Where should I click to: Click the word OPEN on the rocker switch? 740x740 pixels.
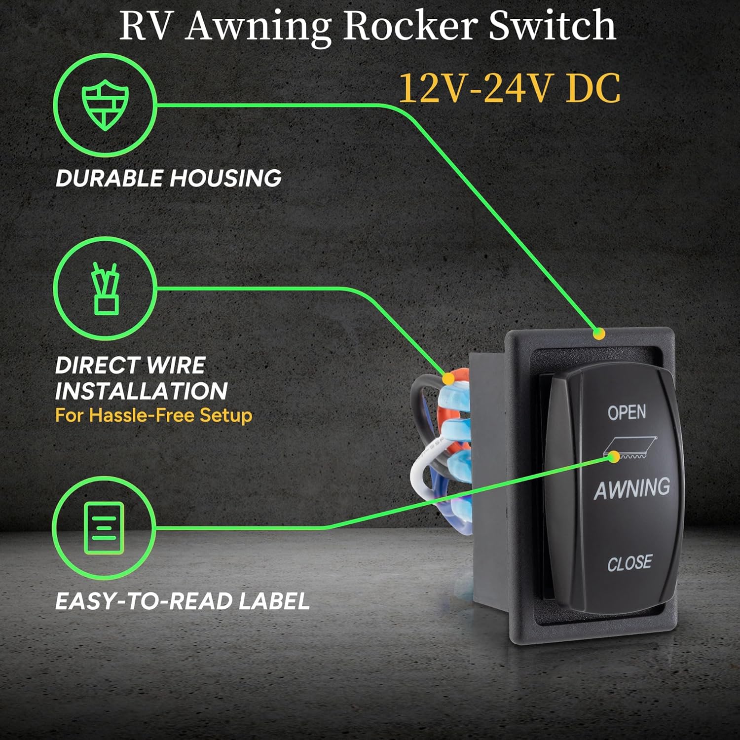[627, 412]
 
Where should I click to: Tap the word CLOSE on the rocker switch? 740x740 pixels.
[629, 563]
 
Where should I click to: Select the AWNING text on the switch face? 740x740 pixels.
[632, 488]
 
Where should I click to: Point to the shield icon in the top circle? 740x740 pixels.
[105, 106]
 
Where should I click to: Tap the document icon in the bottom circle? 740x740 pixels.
[105, 528]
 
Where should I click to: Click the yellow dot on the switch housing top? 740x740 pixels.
[599, 334]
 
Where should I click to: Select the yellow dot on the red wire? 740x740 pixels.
[448, 379]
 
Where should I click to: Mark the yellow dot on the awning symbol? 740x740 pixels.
[614, 456]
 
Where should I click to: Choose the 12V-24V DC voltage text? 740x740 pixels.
[509, 89]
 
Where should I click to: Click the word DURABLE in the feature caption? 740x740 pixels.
[110, 178]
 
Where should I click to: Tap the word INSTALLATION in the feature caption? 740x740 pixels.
[141, 391]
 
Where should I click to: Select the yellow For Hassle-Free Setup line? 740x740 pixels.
[154, 415]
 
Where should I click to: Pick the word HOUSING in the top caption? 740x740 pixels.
[226, 178]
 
